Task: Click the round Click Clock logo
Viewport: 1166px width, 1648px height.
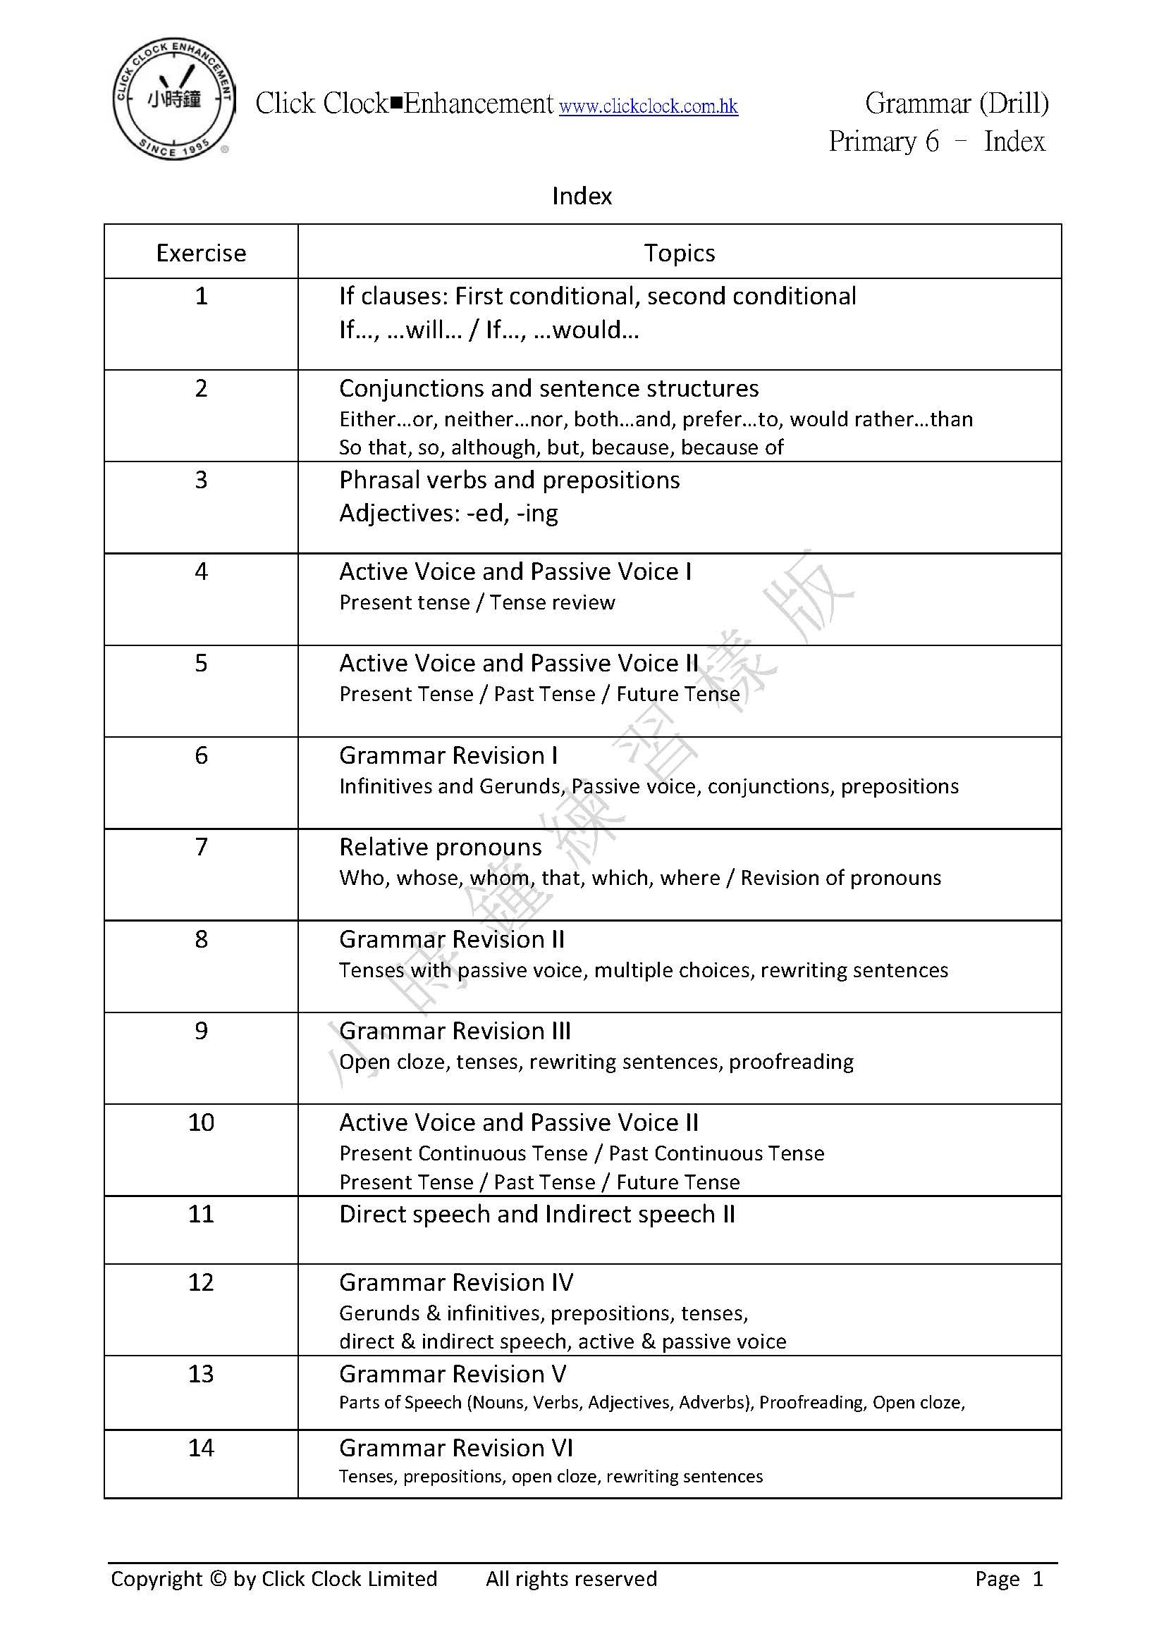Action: coord(173,100)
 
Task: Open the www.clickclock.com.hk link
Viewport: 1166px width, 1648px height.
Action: coord(649,107)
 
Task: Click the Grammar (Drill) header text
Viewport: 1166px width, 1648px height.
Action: coord(957,104)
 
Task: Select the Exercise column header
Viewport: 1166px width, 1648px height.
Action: coord(201,254)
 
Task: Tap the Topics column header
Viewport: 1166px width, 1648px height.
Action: coord(679,254)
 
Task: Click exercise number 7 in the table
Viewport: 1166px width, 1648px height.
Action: coord(201,847)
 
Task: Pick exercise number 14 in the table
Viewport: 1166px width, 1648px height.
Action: coord(201,1448)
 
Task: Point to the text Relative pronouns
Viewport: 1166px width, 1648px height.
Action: coord(440,848)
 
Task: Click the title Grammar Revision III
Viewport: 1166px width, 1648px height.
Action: coord(455,1031)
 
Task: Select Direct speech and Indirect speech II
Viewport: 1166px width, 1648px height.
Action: coord(537,1215)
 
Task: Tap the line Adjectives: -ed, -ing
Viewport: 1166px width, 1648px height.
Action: coord(448,513)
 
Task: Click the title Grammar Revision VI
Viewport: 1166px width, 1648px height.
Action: coord(456,1449)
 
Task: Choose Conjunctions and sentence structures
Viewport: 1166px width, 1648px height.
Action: coord(548,388)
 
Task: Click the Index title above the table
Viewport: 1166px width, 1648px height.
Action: coord(582,196)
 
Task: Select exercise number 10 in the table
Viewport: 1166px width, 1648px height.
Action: coord(201,1122)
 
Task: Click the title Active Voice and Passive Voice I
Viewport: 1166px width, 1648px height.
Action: coord(515,572)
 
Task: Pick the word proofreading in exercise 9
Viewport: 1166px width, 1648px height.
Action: coord(791,1062)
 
